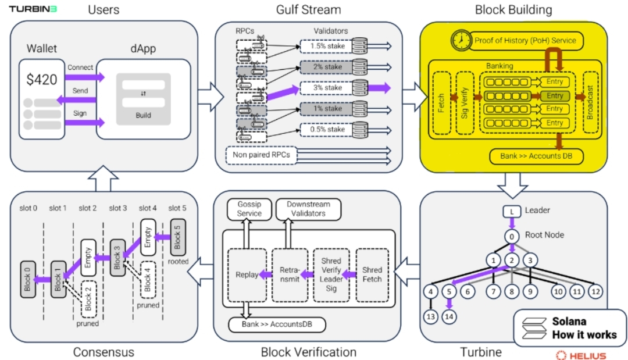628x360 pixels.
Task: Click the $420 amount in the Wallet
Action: (42, 81)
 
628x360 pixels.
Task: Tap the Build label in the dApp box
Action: (143, 115)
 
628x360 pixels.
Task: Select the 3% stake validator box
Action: (325, 88)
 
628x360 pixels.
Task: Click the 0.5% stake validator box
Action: (325, 129)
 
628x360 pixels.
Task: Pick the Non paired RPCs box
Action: (262, 155)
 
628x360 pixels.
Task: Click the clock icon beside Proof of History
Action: (462, 40)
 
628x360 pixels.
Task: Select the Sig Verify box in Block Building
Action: (465, 104)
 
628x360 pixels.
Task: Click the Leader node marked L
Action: (511, 211)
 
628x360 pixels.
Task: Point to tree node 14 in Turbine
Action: (448, 317)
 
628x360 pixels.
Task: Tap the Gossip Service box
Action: (249, 209)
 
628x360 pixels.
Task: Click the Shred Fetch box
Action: (372, 275)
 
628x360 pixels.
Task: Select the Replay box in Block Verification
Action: (247, 275)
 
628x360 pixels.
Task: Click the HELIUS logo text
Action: (581, 355)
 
